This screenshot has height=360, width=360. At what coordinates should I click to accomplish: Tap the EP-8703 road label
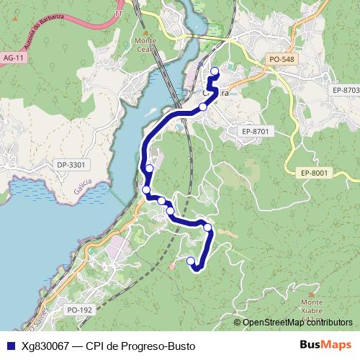346,89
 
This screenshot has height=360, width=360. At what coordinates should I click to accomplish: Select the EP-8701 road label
254,131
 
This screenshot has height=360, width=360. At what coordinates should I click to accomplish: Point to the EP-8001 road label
314,172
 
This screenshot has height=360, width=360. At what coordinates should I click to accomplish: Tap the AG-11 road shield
13,57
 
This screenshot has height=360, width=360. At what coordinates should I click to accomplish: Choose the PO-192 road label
80,310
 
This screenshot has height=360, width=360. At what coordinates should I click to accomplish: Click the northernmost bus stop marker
214,71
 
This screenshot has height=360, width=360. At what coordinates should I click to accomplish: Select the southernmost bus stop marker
191,261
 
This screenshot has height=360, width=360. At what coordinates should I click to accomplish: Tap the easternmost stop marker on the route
214,71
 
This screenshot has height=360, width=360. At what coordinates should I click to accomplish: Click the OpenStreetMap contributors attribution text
297,323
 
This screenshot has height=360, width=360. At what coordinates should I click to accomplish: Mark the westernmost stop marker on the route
146,190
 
